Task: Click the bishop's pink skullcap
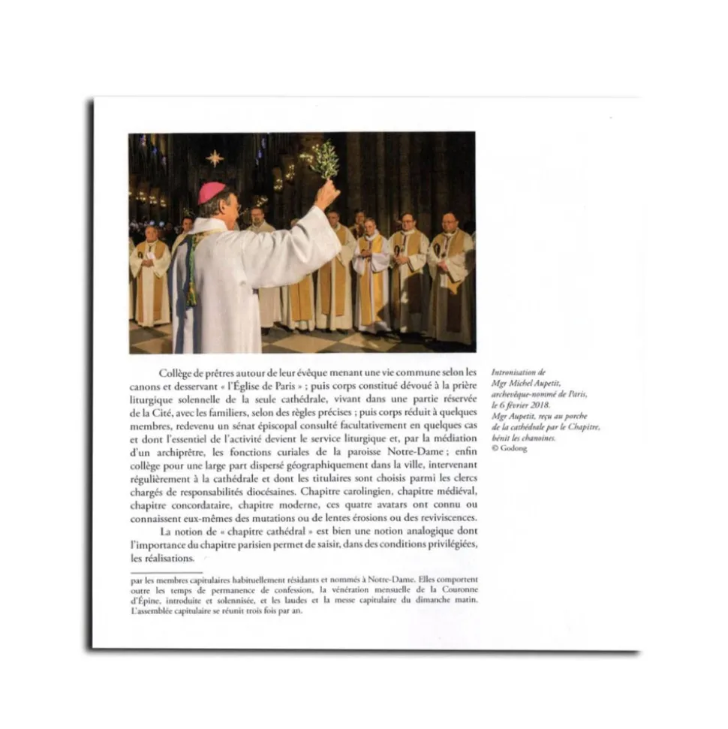coord(212,191)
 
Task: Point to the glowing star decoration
coord(215,158)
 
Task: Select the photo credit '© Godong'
coord(510,448)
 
